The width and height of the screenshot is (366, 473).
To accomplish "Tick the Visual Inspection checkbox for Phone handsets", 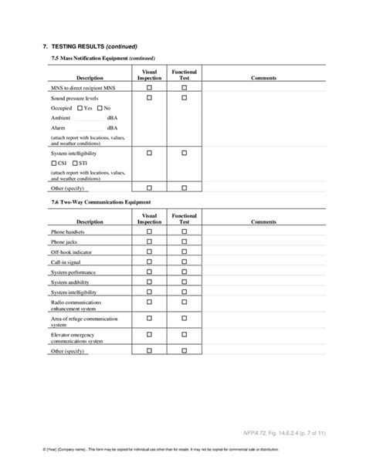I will (150, 231).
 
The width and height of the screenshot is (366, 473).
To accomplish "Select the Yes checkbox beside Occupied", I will (80, 108).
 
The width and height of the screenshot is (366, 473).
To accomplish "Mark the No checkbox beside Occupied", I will (98, 108).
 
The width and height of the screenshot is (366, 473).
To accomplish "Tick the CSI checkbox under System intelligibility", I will (53, 164).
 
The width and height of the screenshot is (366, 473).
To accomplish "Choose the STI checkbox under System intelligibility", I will (74, 164).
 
